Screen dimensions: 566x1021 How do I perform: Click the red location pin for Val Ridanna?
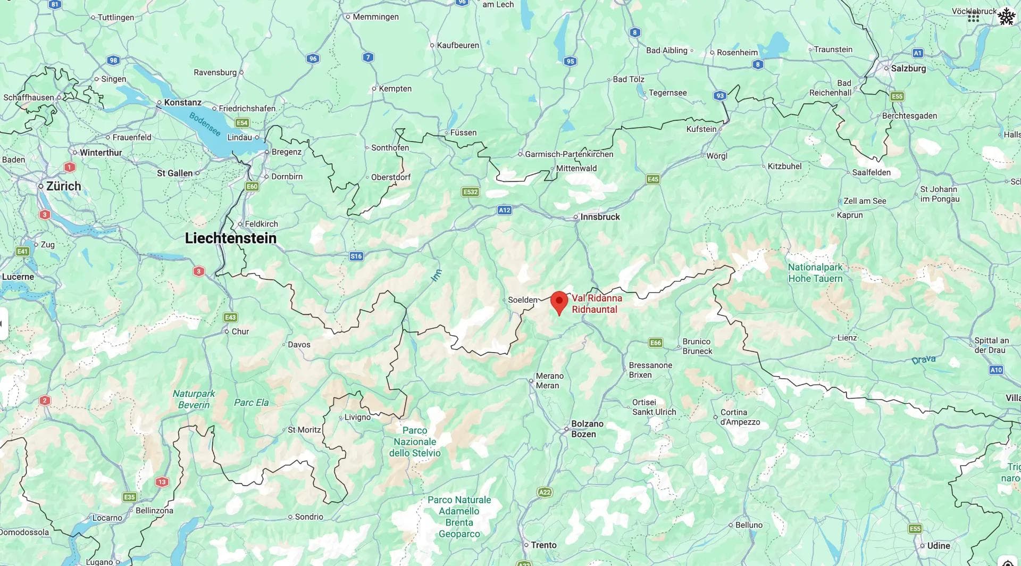(559, 302)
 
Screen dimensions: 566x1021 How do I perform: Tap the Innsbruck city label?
(600, 217)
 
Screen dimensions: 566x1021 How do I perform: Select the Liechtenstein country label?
(230, 238)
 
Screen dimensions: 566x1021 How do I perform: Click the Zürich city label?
(63, 186)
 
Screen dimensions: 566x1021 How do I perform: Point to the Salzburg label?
(908, 68)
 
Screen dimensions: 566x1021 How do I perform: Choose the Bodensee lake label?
(205, 124)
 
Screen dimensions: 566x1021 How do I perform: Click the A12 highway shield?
(504, 210)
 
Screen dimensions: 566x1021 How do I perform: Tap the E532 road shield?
(471, 192)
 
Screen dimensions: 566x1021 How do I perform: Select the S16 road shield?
(356, 256)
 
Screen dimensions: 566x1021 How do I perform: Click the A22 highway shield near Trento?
(545, 492)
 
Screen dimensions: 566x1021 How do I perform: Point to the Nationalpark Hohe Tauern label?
(815, 273)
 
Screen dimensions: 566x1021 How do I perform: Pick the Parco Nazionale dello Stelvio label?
(415, 442)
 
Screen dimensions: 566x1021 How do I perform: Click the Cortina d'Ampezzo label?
(740, 417)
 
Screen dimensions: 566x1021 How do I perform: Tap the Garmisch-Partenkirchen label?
(569, 154)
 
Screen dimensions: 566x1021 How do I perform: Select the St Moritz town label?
(304, 430)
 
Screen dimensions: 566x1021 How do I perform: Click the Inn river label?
(436, 275)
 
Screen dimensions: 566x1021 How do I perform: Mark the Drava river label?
(923, 360)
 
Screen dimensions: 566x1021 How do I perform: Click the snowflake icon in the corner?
(1006, 16)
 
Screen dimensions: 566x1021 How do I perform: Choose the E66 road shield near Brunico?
(656, 343)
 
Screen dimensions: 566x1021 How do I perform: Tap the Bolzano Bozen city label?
(587, 429)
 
